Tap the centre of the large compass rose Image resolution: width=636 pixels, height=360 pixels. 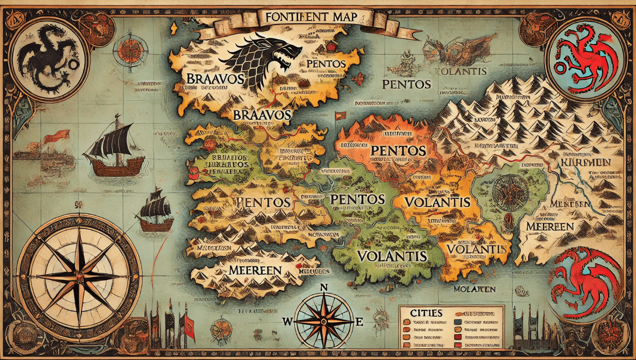[79, 276]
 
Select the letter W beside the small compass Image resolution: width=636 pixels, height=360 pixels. [288, 322]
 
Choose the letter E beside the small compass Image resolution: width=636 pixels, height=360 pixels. [360, 322]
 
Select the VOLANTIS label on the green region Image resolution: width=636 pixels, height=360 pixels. [392, 256]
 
